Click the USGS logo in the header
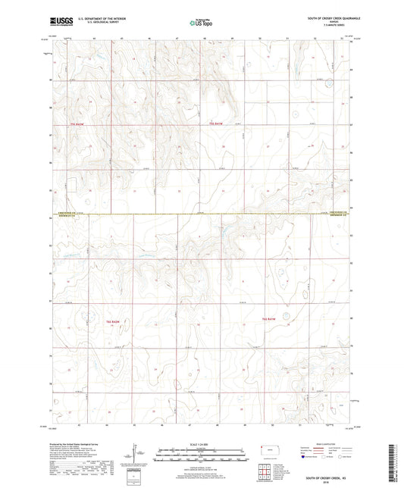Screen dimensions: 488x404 click(59, 23)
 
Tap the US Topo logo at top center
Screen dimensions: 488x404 click(201, 23)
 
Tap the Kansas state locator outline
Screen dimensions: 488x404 click(269, 452)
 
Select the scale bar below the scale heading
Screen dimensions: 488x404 click(201, 455)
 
